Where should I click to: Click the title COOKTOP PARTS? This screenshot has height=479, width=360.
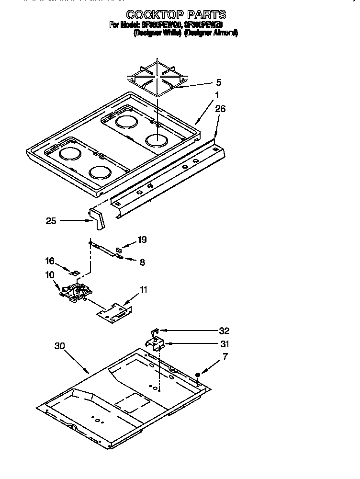coord(176,15)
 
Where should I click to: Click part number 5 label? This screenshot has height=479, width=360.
coord(218,82)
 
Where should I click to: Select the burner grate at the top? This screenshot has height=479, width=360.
coord(157,79)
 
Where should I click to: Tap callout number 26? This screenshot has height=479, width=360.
coord(220,109)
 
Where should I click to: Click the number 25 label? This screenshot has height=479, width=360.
coord(51,221)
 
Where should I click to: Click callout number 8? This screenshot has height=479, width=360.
coord(142,262)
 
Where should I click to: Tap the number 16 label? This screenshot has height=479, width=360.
coord(50,261)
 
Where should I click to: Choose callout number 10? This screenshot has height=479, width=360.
coord(50,275)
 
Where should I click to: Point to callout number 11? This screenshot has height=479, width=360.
coord(143,290)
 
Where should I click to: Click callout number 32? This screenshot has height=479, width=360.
coord(224,331)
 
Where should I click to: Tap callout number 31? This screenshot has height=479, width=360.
coord(224,344)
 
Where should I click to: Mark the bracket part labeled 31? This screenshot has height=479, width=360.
coord(156,343)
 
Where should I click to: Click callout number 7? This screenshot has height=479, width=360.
coord(225,356)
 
